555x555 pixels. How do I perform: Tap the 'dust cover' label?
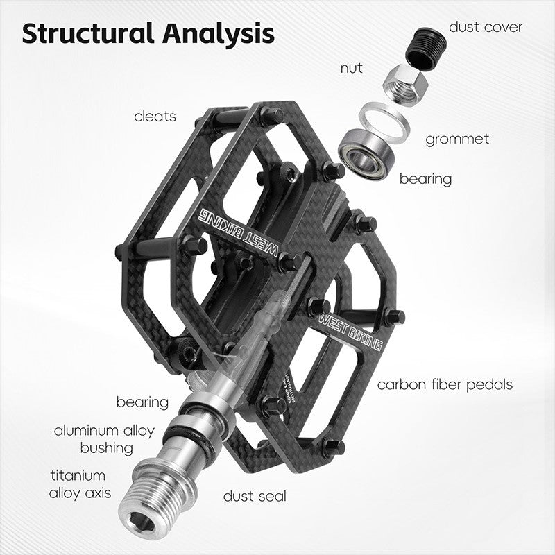486,27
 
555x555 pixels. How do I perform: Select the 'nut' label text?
351,68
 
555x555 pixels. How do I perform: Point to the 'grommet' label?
457,139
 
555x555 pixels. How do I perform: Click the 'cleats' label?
155,116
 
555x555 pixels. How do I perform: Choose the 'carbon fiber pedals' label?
445,384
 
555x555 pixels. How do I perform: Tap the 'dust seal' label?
255,495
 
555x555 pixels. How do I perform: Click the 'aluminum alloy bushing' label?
105,439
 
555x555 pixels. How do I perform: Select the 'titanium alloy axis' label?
78,484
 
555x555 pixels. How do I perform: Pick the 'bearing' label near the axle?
142,402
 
